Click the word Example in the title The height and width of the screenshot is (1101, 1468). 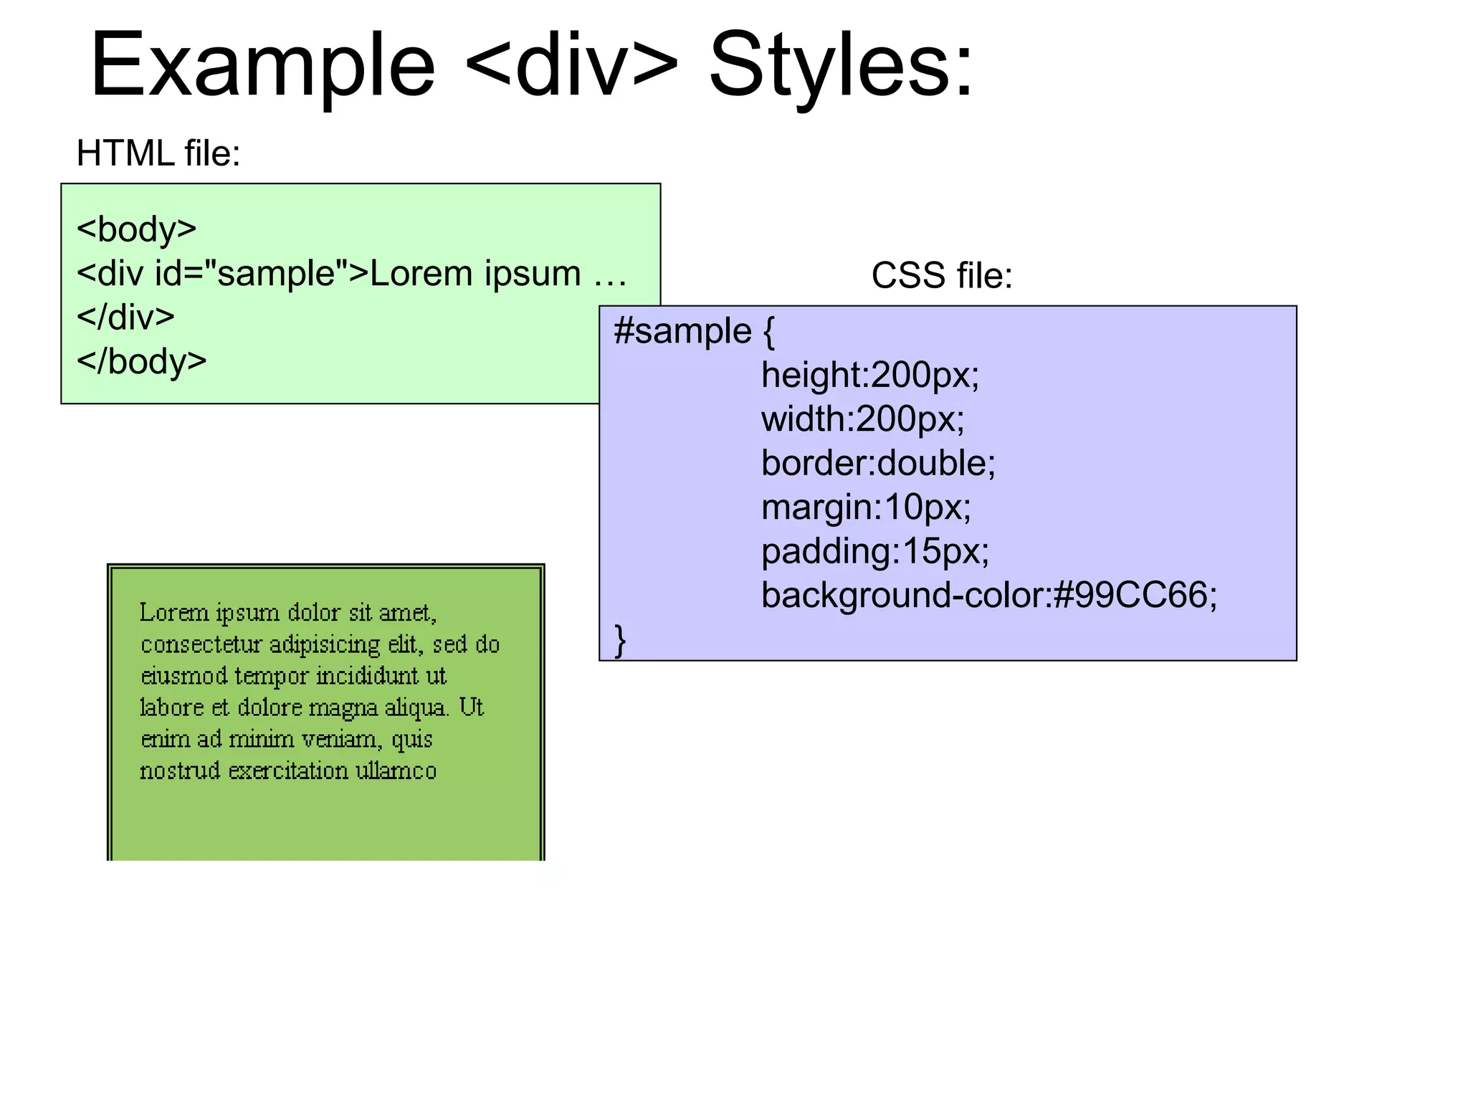[x=262, y=66]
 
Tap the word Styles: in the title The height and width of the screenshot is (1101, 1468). [x=841, y=66]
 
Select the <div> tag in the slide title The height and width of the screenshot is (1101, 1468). [x=571, y=66]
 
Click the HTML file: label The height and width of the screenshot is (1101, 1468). [x=158, y=153]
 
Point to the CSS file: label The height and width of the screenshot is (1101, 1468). [x=941, y=276]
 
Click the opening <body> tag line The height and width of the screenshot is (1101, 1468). [x=136, y=229]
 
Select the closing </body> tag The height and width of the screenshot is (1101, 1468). [x=141, y=361]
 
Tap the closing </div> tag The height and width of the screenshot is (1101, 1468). [x=125, y=318]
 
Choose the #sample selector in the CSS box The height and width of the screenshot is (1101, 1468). [x=682, y=332]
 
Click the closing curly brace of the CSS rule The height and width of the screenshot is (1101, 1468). [x=620, y=639]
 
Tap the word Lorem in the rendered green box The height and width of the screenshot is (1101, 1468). [x=173, y=613]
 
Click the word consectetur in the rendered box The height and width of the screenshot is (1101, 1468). [x=201, y=644]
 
